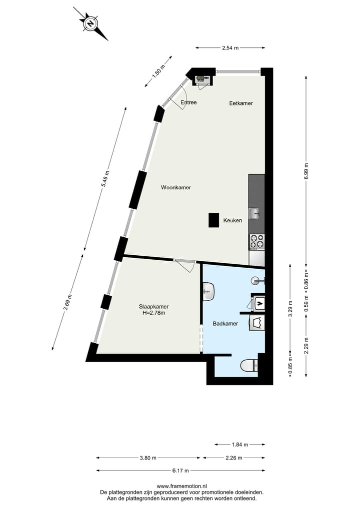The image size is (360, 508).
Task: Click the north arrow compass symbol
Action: tap(90, 23)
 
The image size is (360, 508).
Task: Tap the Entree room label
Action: tap(188, 103)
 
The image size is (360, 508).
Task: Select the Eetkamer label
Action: tap(241, 103)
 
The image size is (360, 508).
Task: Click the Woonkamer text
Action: tap(176, 188)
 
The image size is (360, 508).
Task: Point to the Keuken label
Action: tap(233, 220)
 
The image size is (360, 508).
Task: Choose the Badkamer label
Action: tap(225, 324)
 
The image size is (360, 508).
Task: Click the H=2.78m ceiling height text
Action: tap(153, 313)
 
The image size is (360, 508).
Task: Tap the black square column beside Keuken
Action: tap(214, 220)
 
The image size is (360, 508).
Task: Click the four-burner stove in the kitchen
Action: tap(256, 242)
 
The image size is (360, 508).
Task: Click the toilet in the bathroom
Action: tap(249, 366)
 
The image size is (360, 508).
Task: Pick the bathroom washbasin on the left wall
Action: tap(208, 291)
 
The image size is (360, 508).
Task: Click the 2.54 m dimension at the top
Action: tap(230, 48)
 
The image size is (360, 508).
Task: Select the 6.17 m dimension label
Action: tap(180, 471)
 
